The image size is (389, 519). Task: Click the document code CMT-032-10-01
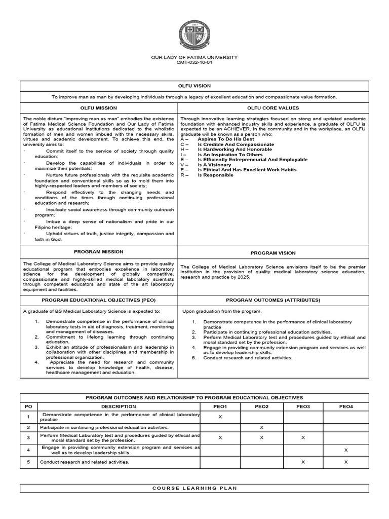click(x=194, y=62)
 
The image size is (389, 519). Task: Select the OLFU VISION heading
click(x=194, y=86)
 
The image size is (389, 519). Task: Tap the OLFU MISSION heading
click(x=99, y=108)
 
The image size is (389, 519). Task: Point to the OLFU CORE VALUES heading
click(x=273, y=108)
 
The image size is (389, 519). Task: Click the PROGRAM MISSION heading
click(x=99, y=251)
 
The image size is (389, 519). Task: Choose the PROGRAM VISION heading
click(x=273, y=253)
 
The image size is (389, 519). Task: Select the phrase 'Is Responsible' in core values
click(x=215, y=175)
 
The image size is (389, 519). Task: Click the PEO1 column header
click(x=220, y=406)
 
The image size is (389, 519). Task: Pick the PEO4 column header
click(x=346, y=406)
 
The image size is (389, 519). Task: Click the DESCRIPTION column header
click(x=119, y=406)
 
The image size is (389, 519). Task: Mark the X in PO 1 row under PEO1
click(x=220, y=417)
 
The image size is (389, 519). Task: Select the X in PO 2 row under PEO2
click(x=261, y=428)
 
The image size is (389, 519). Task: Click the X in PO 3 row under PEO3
click(x=303, y=437)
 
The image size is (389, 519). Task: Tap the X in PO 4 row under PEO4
click(x=346, y=450)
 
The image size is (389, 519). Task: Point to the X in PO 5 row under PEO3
click(x=303, y=462)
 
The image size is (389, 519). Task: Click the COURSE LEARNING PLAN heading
click(x=194, y=488)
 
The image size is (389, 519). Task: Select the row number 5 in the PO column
click(x=28, y=462)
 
